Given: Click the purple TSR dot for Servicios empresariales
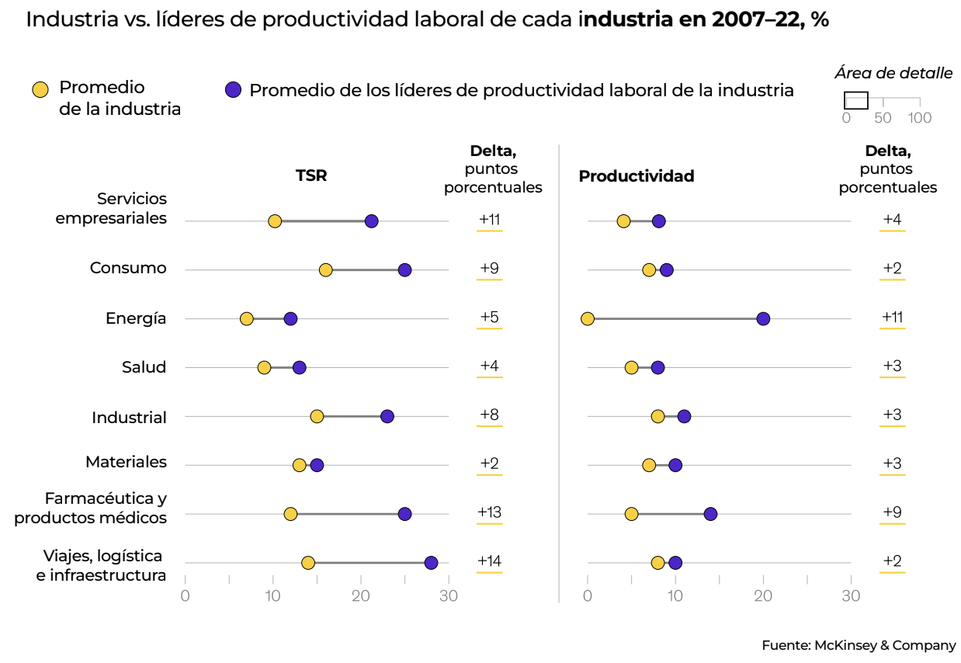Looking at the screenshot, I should pos(371,221).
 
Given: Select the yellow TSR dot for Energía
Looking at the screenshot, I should pos(246,319).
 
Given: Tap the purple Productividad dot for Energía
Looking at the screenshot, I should pos(763,319).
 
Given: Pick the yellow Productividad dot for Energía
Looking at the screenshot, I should pos(588,319).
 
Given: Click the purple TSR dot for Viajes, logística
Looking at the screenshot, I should pos(431,563).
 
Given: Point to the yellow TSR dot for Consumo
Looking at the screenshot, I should pos(325,270).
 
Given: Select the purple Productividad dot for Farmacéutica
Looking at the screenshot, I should pos(710,514).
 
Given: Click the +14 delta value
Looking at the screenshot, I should pos(489,561).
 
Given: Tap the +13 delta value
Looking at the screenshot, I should pos(489,512).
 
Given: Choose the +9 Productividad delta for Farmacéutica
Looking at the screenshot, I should pos(892,512).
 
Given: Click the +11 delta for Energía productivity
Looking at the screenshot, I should pos(892,317).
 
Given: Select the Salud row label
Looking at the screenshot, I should pos(144,367).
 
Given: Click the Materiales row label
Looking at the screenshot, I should pos(126,462).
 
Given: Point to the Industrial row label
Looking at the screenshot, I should pos(129,418).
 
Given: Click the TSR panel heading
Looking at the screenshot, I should pos(311,175).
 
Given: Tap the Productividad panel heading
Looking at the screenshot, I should pos(637,176).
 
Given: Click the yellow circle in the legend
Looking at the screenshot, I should pos(40,89).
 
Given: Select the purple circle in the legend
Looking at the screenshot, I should pos(232,90).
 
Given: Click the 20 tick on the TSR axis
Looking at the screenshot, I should pos(360,595).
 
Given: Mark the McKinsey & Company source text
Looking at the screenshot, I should pos(859,645).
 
